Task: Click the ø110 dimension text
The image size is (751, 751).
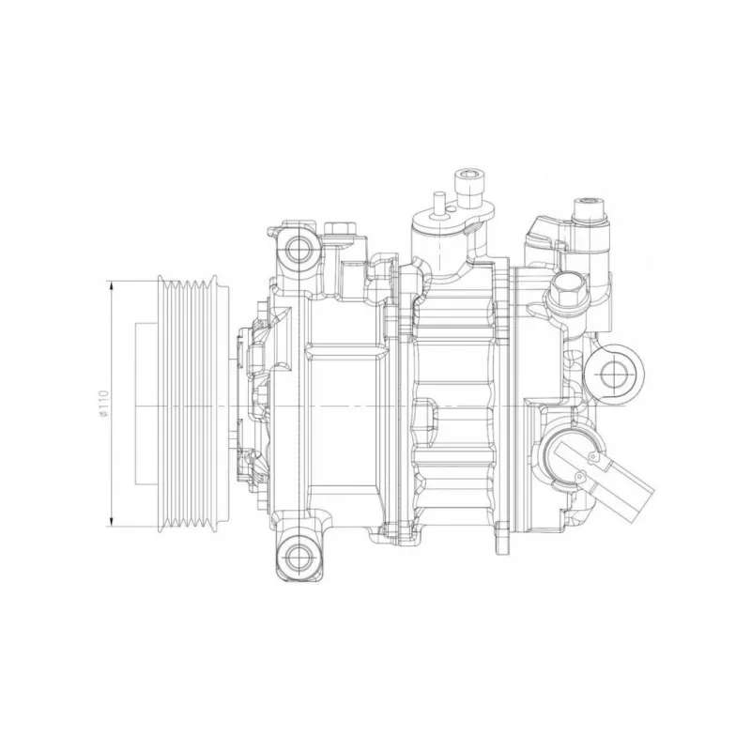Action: click(x=104, y=404)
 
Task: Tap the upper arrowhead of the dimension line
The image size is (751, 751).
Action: click(x=112, y=287)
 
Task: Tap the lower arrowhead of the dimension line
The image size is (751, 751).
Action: click(x=112, y=521)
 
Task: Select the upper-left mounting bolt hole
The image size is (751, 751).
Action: click(x=299, y=248)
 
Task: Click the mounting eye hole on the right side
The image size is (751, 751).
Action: click(x=614, y=373)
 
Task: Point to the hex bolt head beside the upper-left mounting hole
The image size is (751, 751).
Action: click(x=339, y=228)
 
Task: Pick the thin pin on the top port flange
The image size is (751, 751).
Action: click(x=438, y=205)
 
